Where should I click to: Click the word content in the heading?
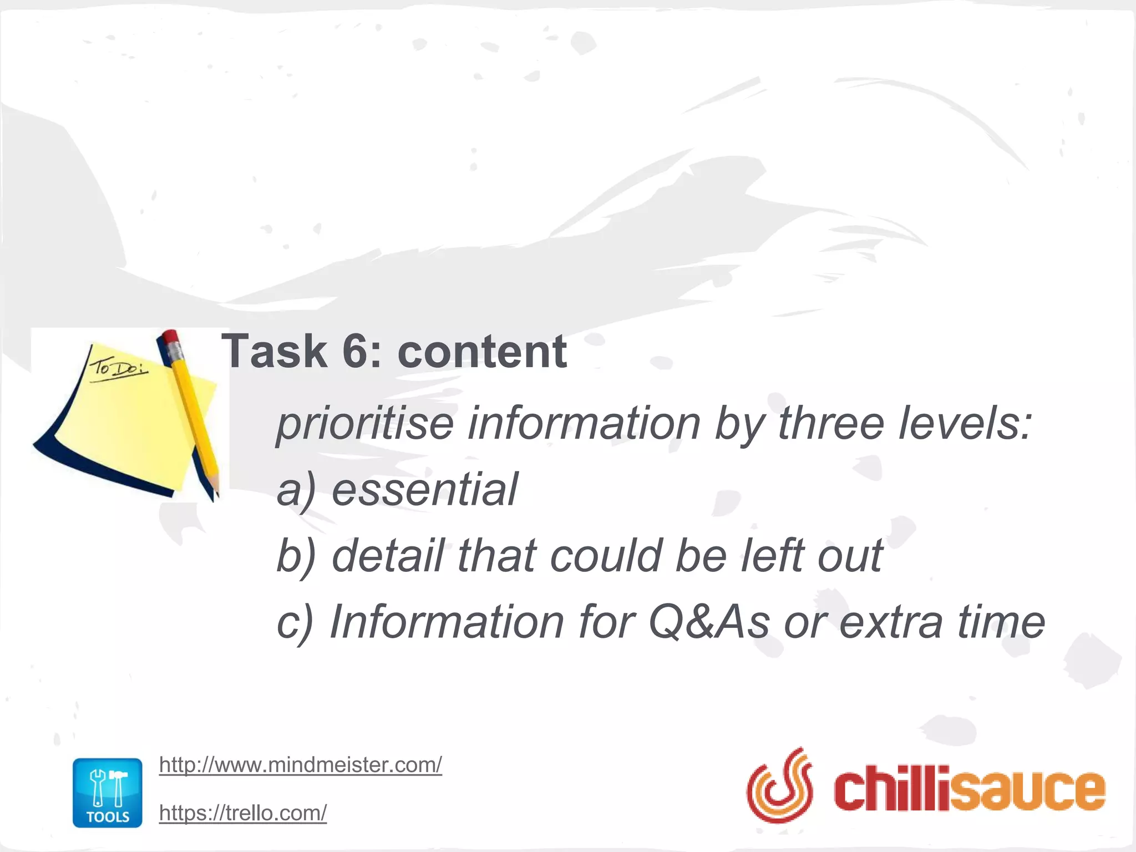(482, 351)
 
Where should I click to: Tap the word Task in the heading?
(274, 351)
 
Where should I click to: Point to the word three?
(830, 423)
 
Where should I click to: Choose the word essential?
(424, 490)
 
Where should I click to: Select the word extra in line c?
(890, 622)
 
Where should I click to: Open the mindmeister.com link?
(300, 765)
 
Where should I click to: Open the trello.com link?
(242, 813)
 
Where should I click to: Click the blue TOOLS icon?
(108, 793)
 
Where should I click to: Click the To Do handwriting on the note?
(118, 368)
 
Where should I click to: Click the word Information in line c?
(447, 622)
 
